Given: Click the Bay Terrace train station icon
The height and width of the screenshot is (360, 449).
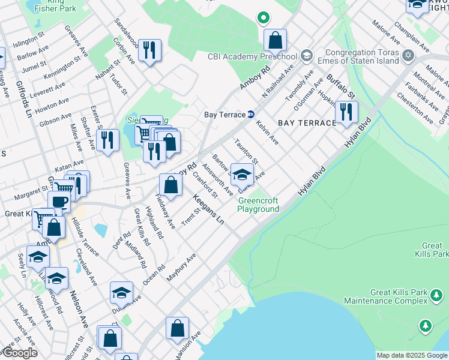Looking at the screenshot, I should point(251,115).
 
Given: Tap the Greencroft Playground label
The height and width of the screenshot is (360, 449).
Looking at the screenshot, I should point(258,205).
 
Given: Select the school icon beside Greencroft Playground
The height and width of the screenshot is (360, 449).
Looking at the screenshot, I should point(242,175).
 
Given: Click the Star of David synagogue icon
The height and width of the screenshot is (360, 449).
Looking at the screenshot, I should point(408,56).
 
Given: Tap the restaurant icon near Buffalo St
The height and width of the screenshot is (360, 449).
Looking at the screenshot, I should point(346,112).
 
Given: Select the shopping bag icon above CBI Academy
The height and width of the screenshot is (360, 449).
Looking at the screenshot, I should point(275,40).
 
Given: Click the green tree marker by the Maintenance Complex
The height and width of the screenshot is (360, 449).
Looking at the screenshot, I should point(426,326).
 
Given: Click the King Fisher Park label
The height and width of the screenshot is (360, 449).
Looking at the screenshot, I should point(55,5).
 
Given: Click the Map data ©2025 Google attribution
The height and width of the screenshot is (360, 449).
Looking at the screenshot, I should point(411,355).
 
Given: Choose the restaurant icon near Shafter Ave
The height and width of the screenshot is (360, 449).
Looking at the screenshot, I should point(107,141).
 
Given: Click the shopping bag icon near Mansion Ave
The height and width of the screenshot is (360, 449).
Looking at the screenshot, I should point(178,329).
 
